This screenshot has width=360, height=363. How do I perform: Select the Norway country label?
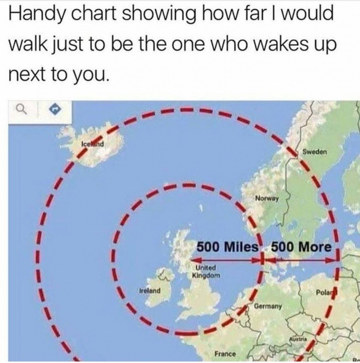266,198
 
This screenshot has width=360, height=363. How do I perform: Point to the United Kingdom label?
207,271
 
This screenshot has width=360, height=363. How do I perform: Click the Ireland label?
150,290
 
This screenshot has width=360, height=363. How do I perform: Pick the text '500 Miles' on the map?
226,246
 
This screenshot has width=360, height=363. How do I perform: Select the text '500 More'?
300,246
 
